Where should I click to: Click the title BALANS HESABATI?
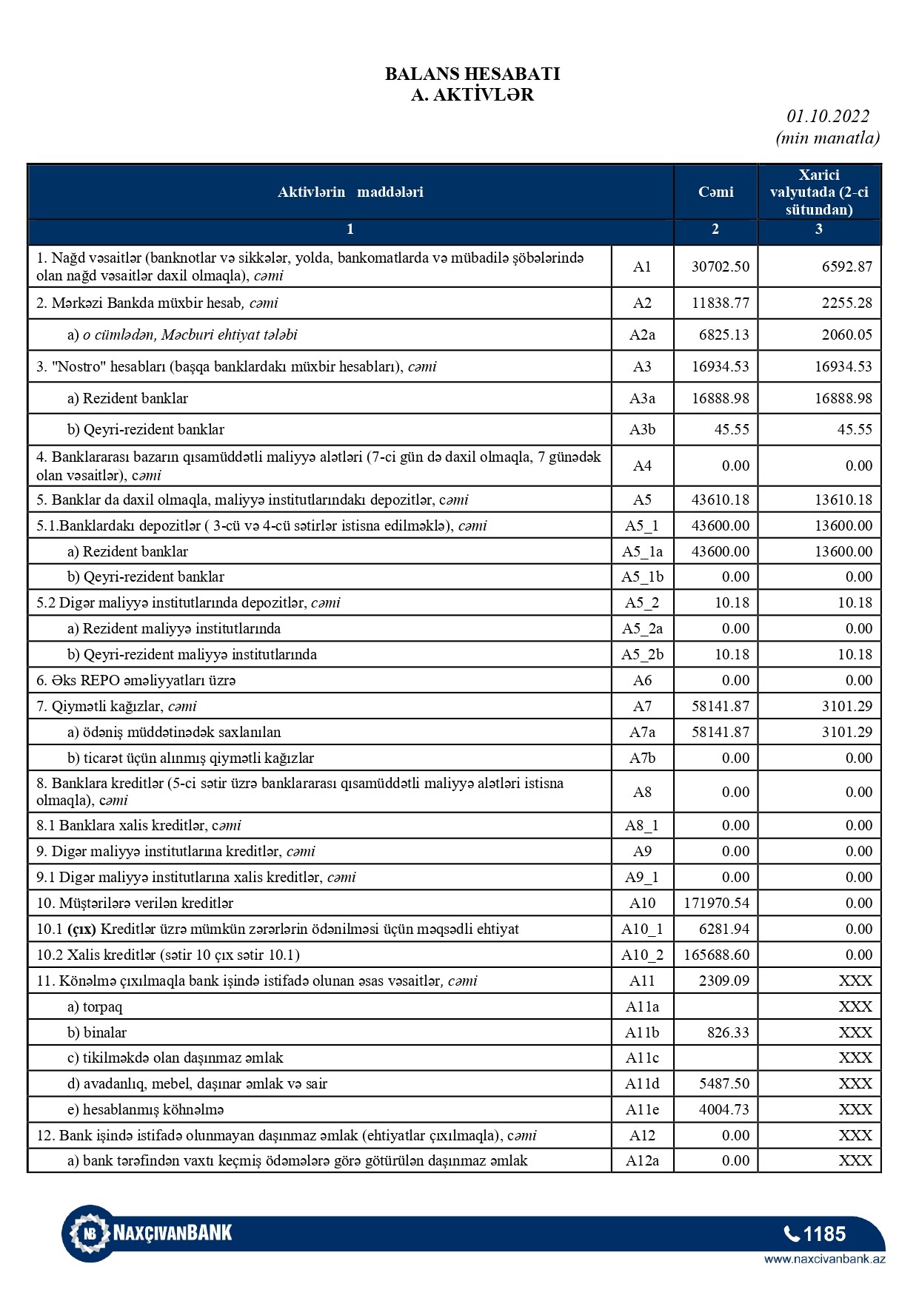point(472,74)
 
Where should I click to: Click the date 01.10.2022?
point(828,116)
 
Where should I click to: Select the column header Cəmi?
point(715,192)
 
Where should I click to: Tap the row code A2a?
point(642,334)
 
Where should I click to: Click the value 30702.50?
point(720,266)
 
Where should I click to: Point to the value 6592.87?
point(846,266)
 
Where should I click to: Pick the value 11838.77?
point(720,303)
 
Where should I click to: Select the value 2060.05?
point(846,334)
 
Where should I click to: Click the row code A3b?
point(642,429)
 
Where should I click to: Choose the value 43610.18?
point(720,500)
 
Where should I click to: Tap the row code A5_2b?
point(642,654)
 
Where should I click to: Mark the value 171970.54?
point(715,903)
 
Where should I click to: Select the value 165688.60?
point(715,955)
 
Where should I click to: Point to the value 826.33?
point(728,1032)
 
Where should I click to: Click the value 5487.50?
point(723,1083)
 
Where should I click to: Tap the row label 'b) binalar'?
point(97,1032)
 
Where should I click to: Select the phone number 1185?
point(815,1234)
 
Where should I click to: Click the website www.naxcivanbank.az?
point(824,1259)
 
